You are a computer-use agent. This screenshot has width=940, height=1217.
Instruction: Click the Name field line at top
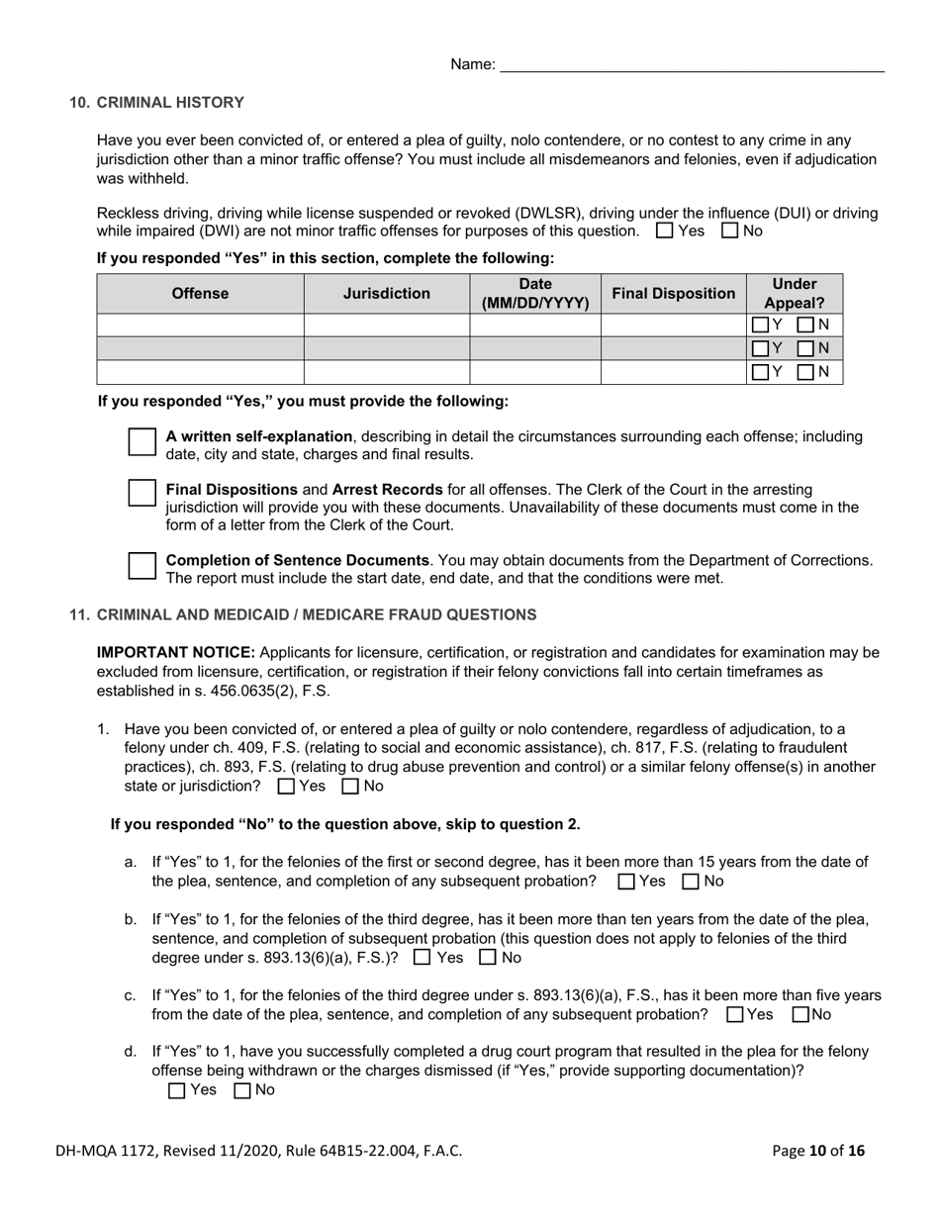(692, 65)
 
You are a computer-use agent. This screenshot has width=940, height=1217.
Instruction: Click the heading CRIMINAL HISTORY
(170, 103)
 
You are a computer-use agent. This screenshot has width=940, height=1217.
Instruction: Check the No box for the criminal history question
(730, 232)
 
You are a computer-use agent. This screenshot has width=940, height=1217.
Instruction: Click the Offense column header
(200, 294)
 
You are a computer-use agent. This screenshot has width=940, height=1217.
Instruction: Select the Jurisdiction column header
(386, 294)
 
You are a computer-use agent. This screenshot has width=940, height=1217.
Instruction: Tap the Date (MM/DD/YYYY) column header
(534, 294)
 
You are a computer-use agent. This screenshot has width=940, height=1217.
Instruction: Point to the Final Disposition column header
(673, 294)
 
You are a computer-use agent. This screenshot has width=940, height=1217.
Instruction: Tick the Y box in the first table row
(760, 325)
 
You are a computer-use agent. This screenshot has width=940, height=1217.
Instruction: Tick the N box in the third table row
(805, 373)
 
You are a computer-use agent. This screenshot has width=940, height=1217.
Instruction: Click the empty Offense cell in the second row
(200, 348)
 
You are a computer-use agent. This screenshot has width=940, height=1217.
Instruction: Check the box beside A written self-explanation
(142, 443)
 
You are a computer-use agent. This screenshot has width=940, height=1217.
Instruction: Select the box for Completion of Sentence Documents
(142, 566)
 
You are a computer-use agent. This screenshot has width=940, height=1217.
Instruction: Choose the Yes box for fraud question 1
(287, 788)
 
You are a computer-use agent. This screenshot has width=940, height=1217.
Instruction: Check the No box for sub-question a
(692, 882)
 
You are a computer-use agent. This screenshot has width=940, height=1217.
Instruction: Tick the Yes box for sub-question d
(177, 1091)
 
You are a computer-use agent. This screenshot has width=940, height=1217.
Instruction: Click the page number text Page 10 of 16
(817, 1151)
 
